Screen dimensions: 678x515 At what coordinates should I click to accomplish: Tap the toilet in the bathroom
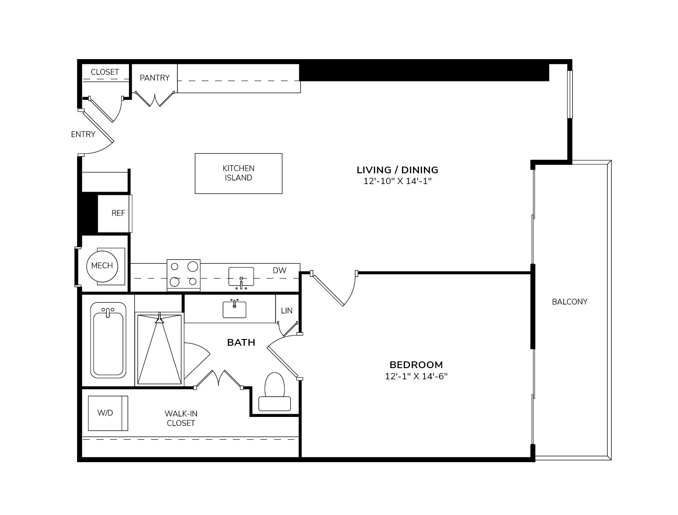[x=274, y=391]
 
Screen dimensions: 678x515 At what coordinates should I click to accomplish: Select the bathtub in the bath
[x=108, y=340]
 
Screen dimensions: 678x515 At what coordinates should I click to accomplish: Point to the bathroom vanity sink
[x=234, y=309]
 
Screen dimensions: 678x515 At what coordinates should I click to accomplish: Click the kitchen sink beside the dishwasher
[x=241, y=277]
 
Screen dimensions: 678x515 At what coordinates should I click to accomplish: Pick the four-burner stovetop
[x=183, y=275]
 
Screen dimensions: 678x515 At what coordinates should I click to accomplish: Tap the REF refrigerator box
[x=115, y=213]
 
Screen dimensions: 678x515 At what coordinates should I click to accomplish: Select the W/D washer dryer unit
[x=108, y=413]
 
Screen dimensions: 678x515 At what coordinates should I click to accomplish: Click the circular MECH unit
[x=102, y=266]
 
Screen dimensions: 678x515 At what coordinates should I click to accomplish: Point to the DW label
[x=280, y=270]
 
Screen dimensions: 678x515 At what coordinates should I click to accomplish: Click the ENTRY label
[x=83, y=134]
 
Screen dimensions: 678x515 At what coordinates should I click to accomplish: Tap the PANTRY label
[x=155, y=78]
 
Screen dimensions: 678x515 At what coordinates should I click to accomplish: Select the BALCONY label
[x=570, y=302]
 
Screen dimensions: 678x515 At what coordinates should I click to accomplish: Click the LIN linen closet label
[x=287, y=311]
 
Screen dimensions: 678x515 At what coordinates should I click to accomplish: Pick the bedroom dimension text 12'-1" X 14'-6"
[x=416, y=377]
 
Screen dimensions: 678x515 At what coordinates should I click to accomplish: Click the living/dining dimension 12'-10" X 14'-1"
[x=397, y=181]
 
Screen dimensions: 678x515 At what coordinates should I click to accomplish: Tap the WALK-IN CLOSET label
[x=181, y=418]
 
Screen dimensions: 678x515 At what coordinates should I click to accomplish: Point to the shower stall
[x=160, y=349]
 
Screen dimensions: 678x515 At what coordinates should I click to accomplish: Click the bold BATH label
[x=241, y=343]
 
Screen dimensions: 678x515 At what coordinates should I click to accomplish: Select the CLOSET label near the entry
[x=105, y=72]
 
